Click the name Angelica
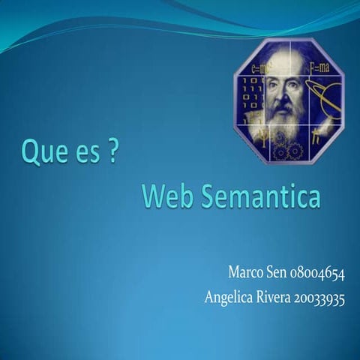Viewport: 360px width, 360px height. point(229,297)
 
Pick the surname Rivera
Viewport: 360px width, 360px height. point(276,297)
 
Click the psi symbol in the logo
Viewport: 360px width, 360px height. point(256,135)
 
